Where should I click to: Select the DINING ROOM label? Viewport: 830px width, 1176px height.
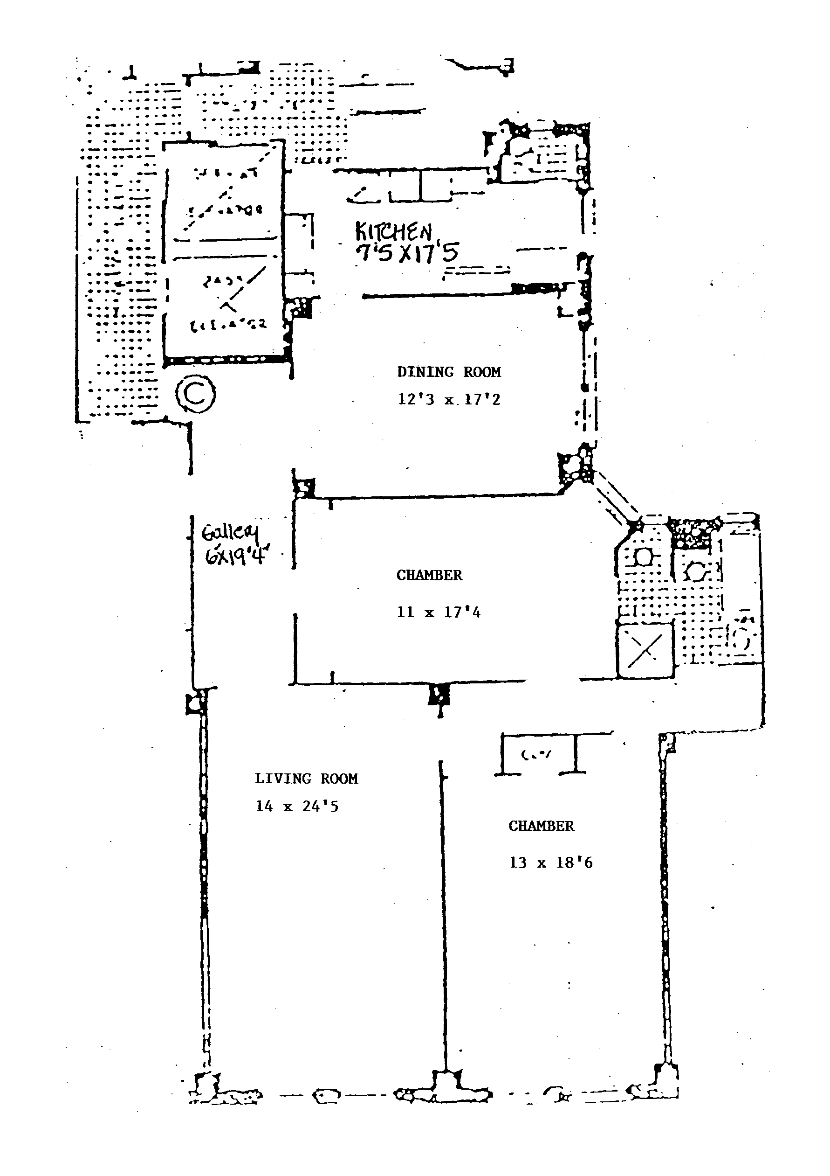pyautogui.click(x=449, y=372)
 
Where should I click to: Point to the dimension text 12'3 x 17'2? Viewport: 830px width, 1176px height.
pyautogui.click(x=449, y=399)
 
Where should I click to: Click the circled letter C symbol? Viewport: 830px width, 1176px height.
pyautogui.click(x=195, y=393)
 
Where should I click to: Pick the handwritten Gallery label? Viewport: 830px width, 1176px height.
pyautogui.click(x=230, y=533)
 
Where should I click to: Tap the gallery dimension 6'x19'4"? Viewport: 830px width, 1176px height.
pyautogui.click(x=237, y=555)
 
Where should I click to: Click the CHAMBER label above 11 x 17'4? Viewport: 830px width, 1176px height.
pyautogui.click(x=429, y=575)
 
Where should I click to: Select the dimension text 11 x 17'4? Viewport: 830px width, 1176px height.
pyautogui.click(x=439, y=612)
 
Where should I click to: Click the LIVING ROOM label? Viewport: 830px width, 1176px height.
pyautogui.click(x=306, y=779)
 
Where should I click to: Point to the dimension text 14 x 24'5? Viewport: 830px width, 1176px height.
pyautogui.click(x=297, y=807)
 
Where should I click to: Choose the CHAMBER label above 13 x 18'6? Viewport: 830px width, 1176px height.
pyautogui.click(x=541, y=826)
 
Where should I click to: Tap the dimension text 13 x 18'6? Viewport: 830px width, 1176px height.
pyautogui.click(x=550, y=863)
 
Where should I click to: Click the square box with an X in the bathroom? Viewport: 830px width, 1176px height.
pyautogui.click(x=645, y=650)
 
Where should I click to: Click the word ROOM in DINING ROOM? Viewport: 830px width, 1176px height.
pyautogui.click(x=481, y=372)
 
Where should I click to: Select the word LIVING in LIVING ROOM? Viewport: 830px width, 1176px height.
pyautogui.click(x=283, y=779)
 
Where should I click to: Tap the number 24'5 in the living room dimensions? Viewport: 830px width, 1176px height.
pyautogui.click(x=320, y=807)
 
